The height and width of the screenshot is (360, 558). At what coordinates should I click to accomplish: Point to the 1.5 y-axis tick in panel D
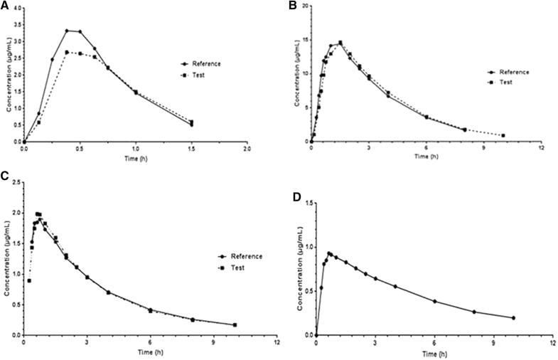coord(306,203)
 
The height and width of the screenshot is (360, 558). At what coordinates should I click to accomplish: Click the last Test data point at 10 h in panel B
coord(503,135)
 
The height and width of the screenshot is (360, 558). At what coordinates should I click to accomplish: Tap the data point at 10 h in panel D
coord(513,317)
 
